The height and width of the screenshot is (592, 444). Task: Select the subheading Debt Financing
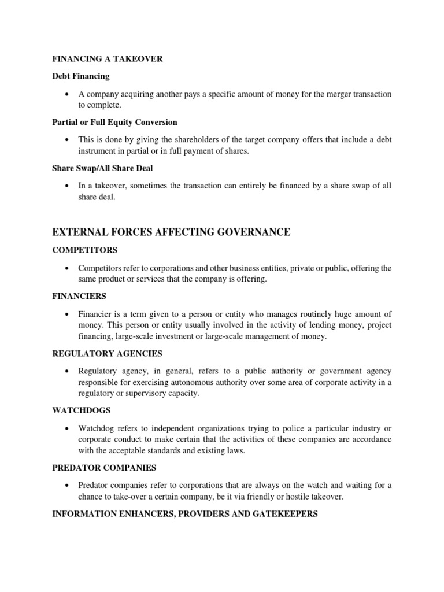(x=80, y=76)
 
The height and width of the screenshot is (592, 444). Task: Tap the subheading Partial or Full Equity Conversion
(x=114, y=123)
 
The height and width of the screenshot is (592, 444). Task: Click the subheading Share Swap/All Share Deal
(x=102, y=169)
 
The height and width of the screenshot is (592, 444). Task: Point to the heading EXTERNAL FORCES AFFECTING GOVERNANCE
(x=171, y=232)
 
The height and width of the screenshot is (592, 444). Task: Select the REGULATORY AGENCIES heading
(x=107, y=353)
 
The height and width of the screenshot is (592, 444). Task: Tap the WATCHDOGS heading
(x=82, y=410)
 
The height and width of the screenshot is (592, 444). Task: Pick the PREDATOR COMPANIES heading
(x=105, y=467)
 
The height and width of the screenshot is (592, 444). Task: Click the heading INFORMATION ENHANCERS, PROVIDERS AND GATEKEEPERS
(x=185, y=513)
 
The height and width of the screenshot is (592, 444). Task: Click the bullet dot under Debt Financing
(x=69, y=94)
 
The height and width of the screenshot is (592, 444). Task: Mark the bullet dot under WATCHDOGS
(x=69, y=428)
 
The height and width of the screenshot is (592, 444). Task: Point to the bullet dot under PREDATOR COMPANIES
(x=69, y=486)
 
